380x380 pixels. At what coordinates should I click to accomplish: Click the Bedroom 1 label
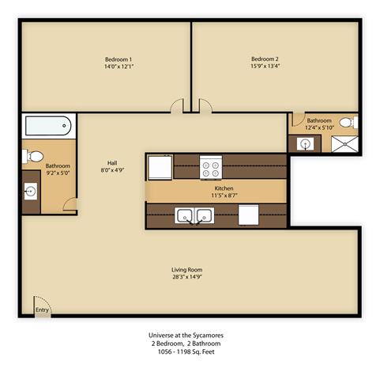[119, 59]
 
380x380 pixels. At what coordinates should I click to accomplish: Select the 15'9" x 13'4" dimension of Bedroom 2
[265, 67]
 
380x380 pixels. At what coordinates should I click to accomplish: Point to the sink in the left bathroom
[30, 191]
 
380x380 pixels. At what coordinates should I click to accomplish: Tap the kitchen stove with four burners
[211, 167]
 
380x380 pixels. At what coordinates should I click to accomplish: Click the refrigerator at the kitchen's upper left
[160, 167]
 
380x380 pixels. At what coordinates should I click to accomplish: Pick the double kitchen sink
[194, 215]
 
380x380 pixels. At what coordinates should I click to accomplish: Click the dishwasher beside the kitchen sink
[248, 215]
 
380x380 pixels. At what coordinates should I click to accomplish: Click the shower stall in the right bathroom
[344, 143]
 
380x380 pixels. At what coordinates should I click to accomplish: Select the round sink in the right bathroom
[304, 143]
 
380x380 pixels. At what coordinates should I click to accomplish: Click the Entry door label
[42, 310]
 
